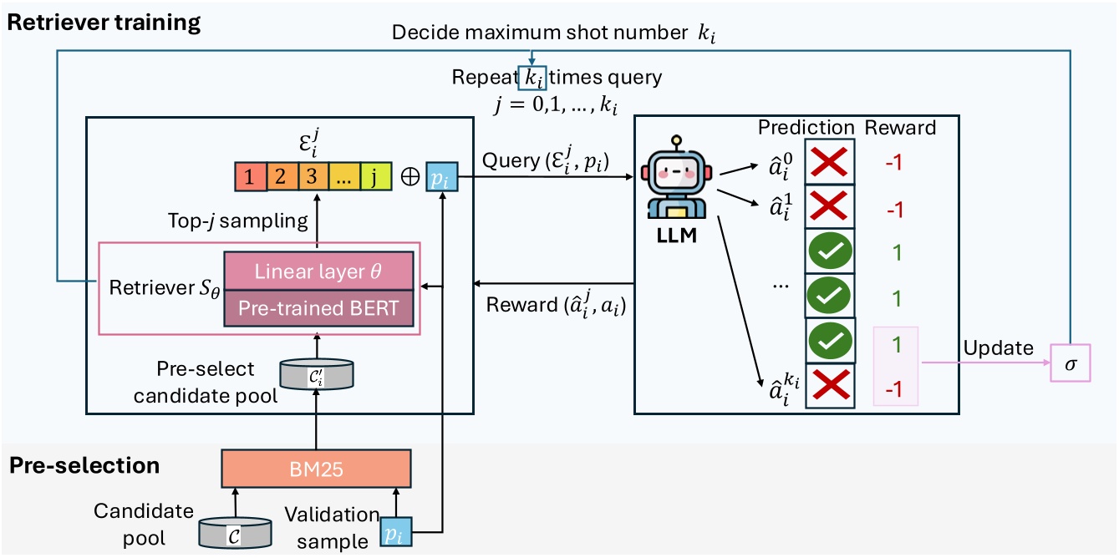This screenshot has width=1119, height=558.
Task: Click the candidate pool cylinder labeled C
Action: pos(235,531)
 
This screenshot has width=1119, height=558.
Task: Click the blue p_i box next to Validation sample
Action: pos(391,532)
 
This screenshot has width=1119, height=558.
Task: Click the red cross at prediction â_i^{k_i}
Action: pos(830,386)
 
